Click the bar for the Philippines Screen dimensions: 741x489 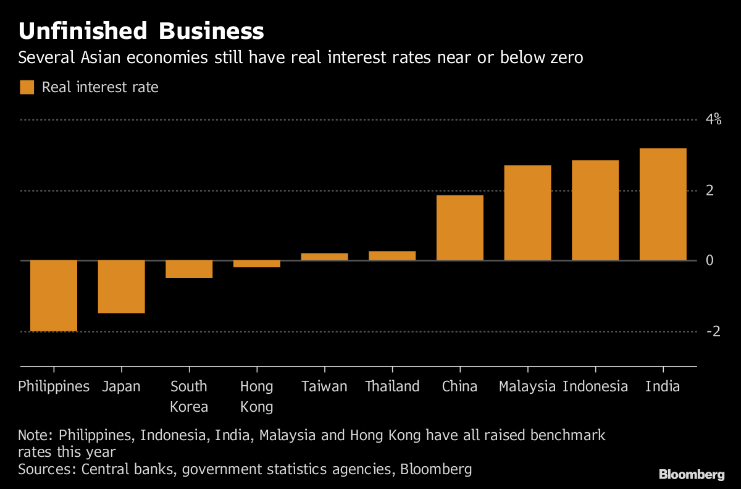tap(54, 296)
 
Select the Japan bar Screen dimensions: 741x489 tap(121, 286)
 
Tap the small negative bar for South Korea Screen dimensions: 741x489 tap(189, 269)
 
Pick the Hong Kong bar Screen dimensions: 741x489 tap(257, 263)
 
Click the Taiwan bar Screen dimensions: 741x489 tap(324, 257)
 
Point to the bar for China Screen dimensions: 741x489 tap(460, 227)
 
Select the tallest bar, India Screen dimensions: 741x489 tap(663, 204)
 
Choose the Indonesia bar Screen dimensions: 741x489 tap(595, 210)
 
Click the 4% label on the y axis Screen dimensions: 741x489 tap(714, 119)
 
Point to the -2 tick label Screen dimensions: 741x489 tap(713, 331)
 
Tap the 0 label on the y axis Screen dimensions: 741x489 tap(710, 260)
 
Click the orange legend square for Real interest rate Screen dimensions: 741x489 tap(27, 87)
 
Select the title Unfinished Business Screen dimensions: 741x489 tap(141, 31)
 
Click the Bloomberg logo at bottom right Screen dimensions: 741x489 tap(691, 475)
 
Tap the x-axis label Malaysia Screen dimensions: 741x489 tap(527, 387)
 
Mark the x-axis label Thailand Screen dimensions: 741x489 tap(392, 387)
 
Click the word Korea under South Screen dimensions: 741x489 tap(189, 407)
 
